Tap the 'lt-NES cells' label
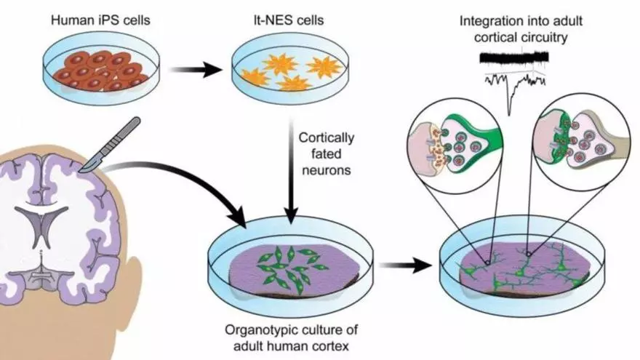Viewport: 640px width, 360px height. click(x=279, y=20)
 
